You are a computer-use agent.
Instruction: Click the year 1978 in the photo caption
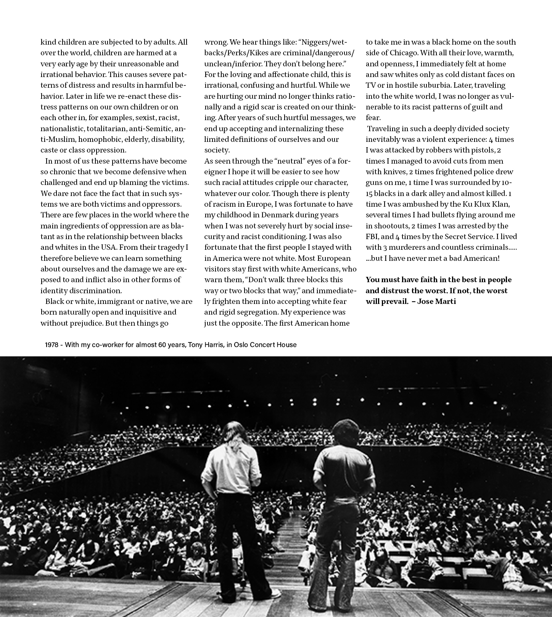click(x=51, y=345)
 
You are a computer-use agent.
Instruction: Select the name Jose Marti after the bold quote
click(x=437, y=301)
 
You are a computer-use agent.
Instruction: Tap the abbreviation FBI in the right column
click(x=373, y=236)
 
